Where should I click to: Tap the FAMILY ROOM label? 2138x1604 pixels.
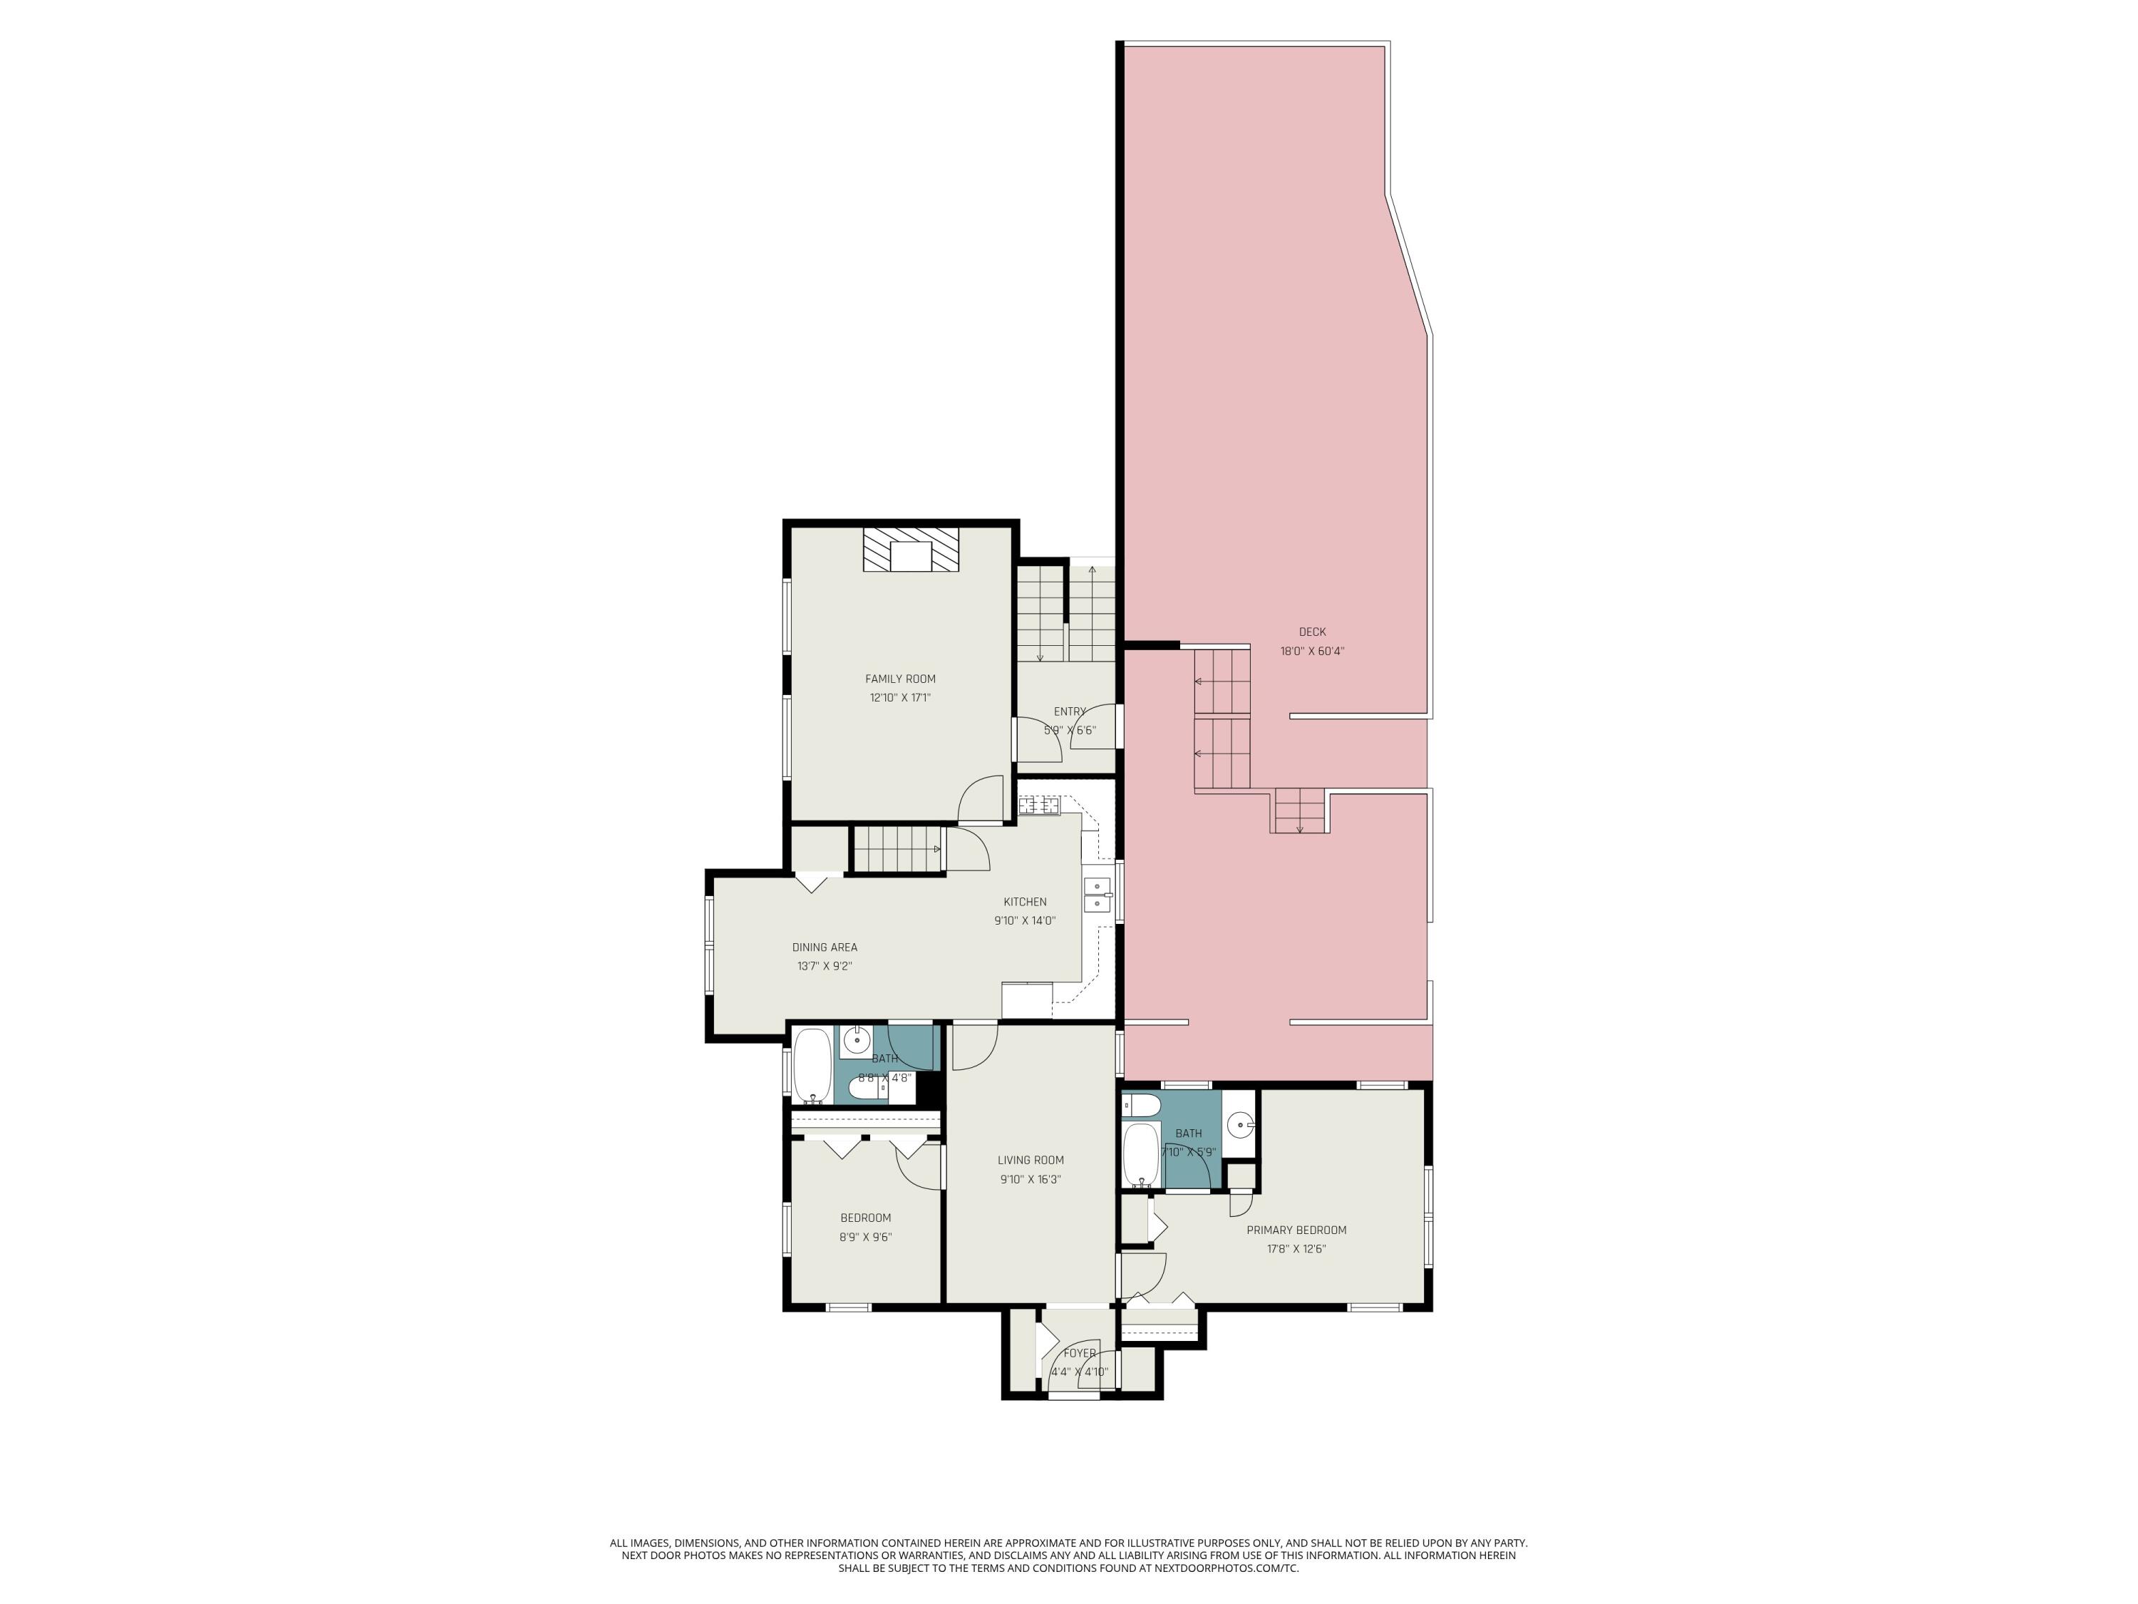click(900, 679)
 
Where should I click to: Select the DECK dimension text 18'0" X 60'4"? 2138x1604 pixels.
click(1311, 651)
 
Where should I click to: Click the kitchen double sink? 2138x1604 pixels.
click(1097, 895)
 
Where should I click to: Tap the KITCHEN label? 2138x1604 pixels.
click(1025, 902)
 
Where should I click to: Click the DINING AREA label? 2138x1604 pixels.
click(825, 947)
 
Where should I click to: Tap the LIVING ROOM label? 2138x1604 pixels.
click(1031, 1160)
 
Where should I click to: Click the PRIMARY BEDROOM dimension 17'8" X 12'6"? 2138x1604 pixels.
click(1296, 1248)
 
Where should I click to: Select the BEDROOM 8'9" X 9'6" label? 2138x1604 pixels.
click(865, 1218)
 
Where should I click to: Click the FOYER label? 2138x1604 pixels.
click(1080, 1354)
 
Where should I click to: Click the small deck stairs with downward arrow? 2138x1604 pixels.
click(1299, 811)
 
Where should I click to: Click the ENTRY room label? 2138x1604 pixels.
click(1069, 711)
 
